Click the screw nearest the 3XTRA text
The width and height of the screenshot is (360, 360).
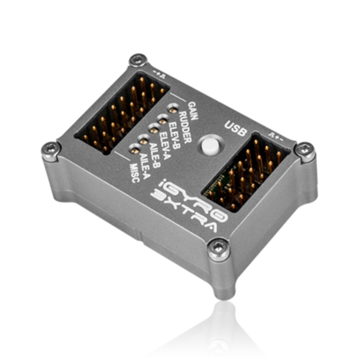(x=219, y=246)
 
